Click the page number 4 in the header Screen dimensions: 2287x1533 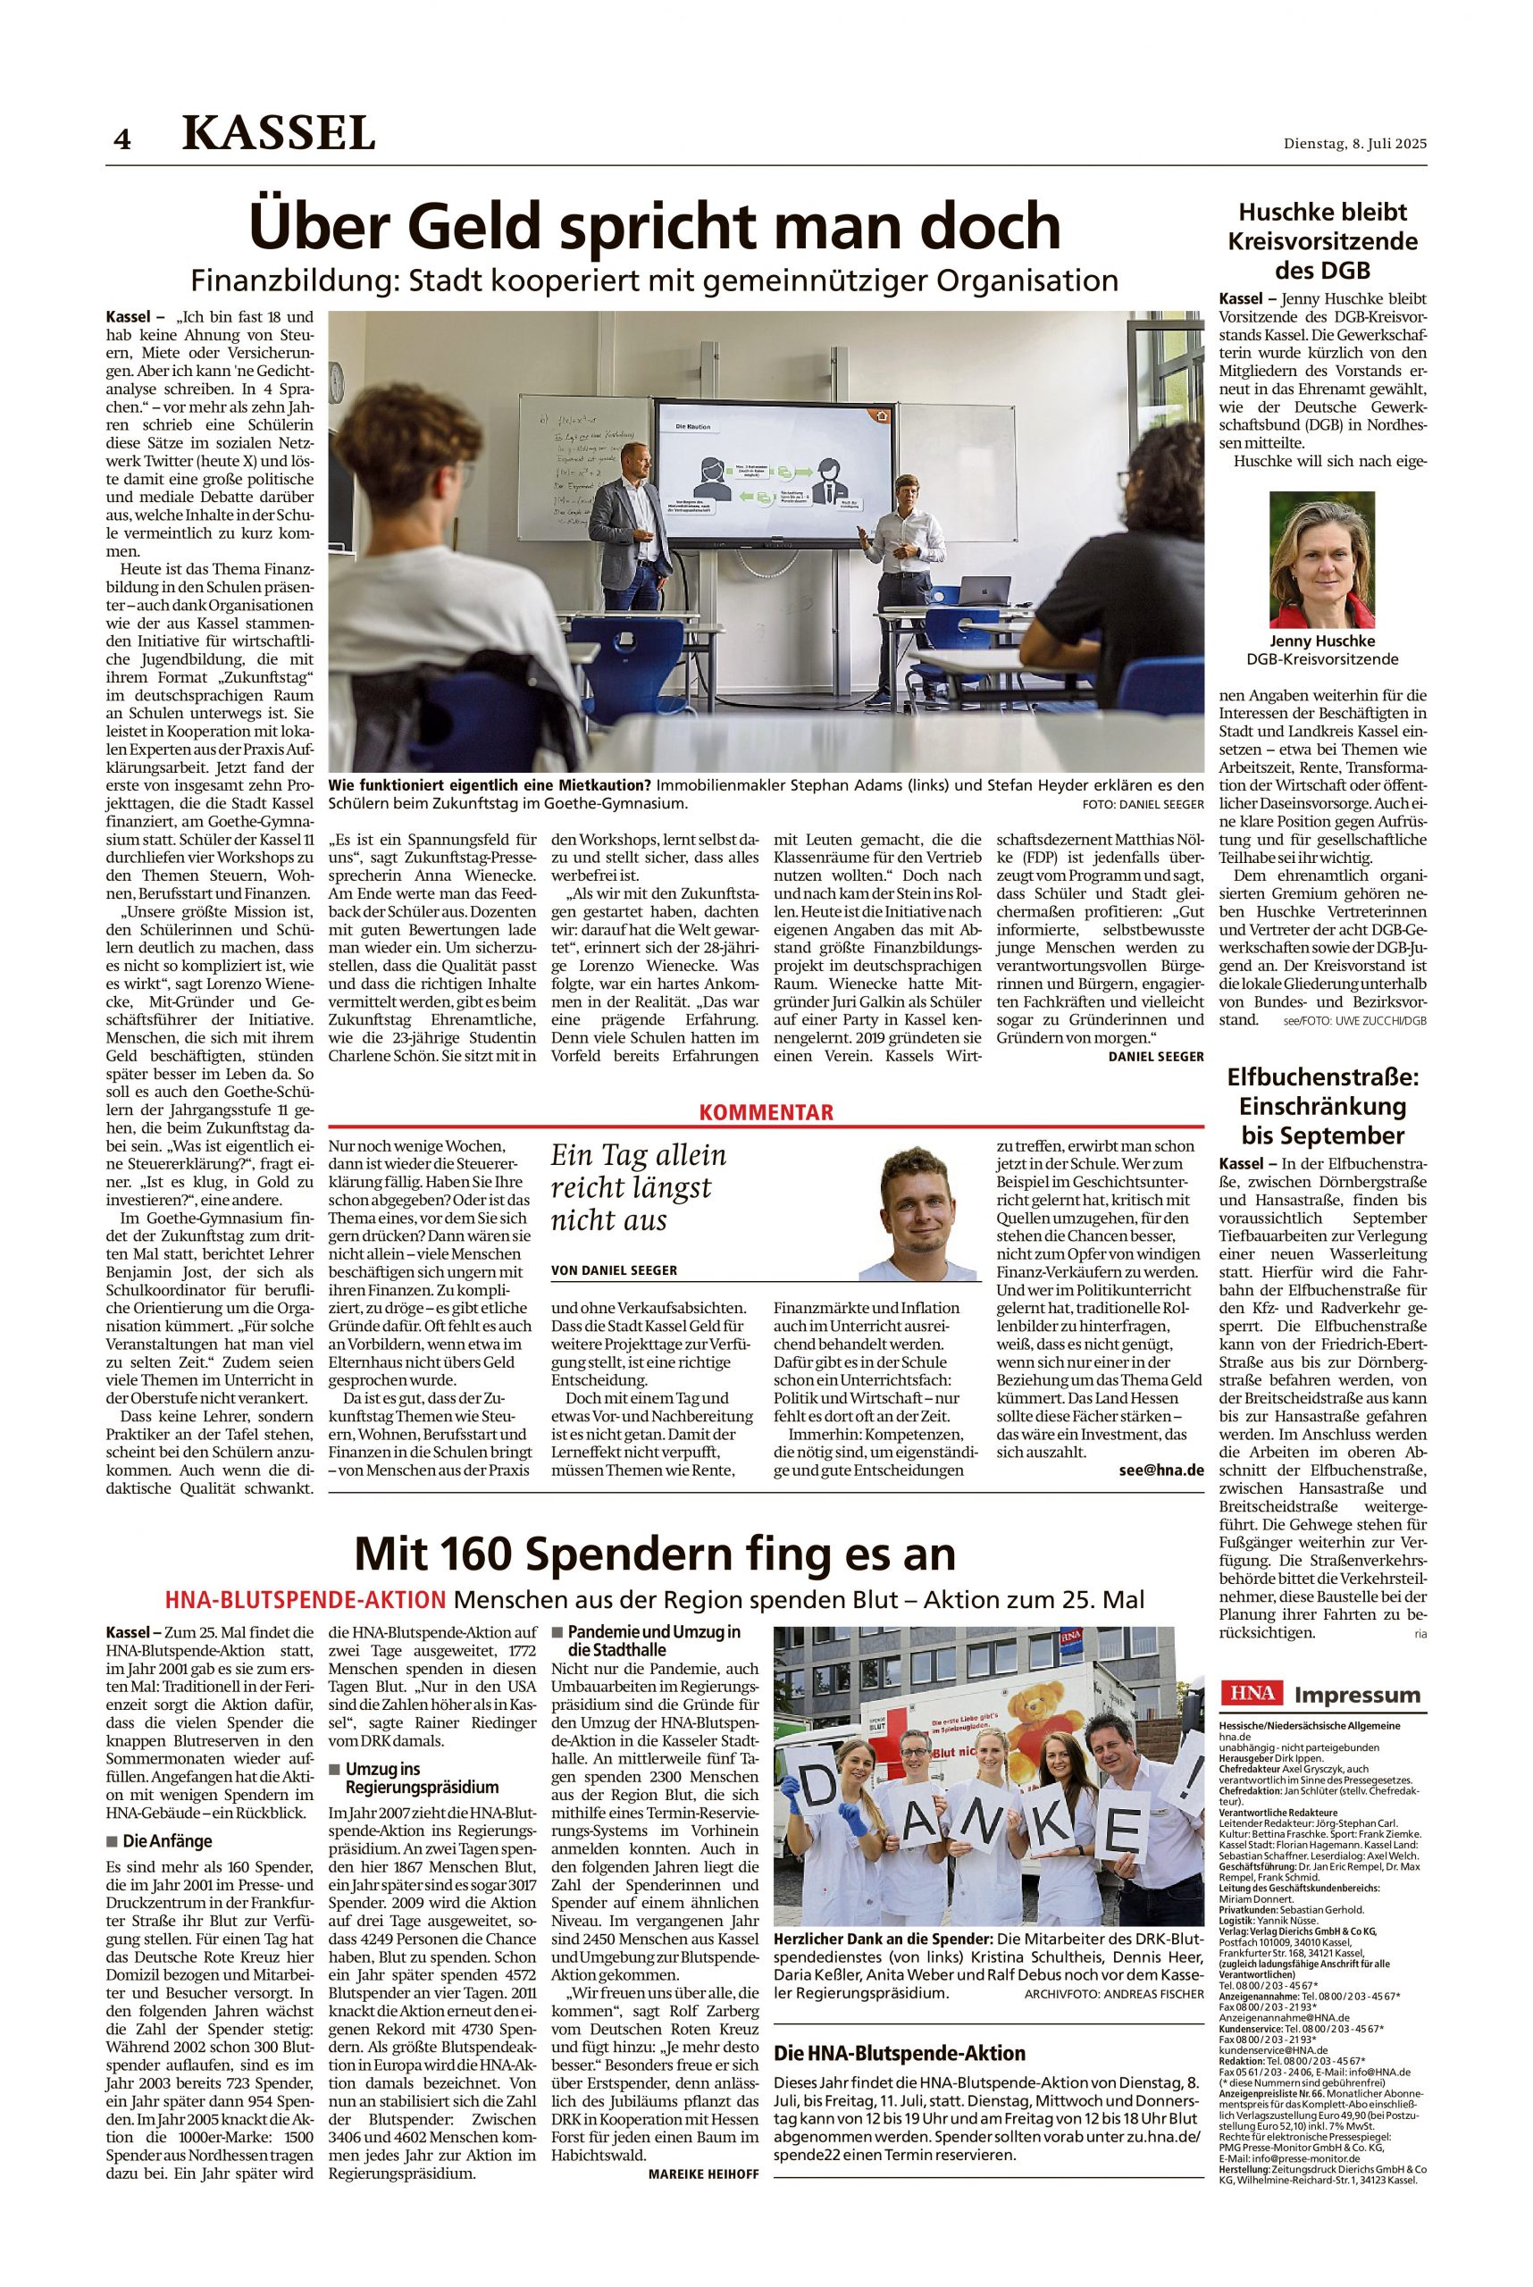[121, 140]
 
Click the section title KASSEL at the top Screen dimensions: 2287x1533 [279, 133]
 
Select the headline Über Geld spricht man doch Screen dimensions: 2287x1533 [655, 227]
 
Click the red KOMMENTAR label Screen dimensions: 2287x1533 [766, 1111]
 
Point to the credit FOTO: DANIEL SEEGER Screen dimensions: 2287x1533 [1142, 804]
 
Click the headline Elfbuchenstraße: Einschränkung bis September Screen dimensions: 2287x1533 [1323, 1106]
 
